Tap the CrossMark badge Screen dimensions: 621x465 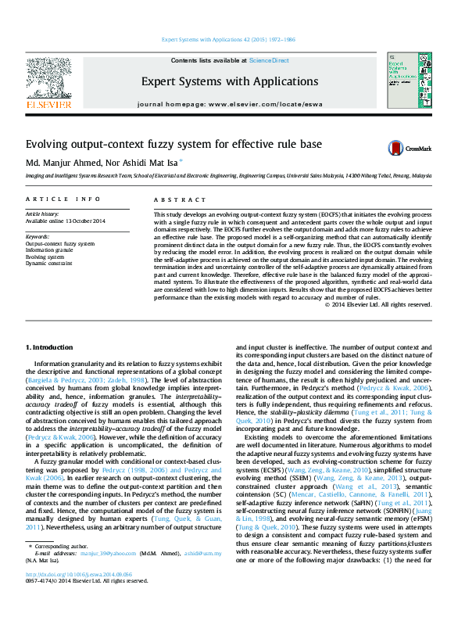405,148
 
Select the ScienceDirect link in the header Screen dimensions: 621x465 269,60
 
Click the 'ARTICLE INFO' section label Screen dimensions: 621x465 63,200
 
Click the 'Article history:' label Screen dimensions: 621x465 42,214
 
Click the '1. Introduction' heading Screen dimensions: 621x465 49,346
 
